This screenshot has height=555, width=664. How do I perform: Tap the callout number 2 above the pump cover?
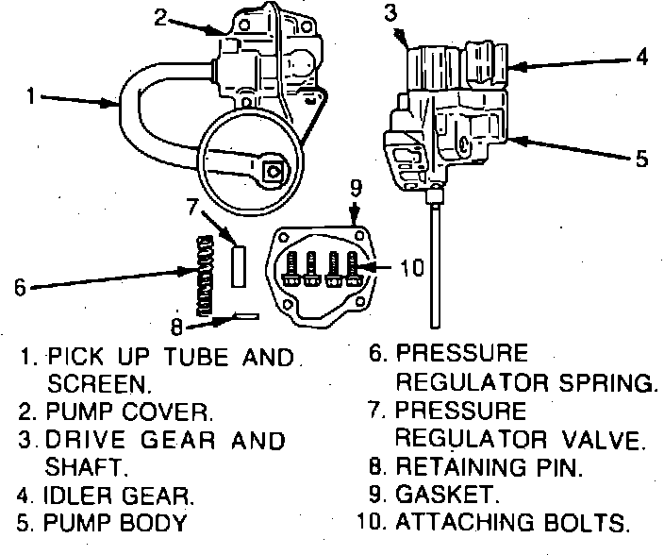[x=161, y=17]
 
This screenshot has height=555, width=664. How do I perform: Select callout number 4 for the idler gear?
[x=642, y=58]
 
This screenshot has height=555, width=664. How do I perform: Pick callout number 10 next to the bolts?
[x=412, y=269]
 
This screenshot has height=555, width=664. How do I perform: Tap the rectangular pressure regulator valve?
[x=239, y=264]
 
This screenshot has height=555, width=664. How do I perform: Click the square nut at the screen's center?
[x=274, y=171]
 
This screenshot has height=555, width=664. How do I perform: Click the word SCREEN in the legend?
[x=98, y=384]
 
